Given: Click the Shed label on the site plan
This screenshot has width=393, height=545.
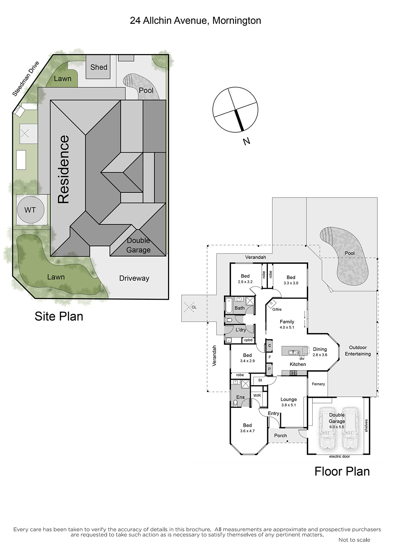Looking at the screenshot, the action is click(99, 67).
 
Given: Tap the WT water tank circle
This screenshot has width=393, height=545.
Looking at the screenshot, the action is click(31, 209).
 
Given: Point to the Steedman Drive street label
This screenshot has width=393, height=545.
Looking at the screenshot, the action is click(26, 79).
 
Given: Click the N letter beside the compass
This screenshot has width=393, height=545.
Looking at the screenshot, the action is click(247, 141).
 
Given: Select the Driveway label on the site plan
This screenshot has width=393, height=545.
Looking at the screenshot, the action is click(134, 278).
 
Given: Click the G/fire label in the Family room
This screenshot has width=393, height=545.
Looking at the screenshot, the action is click(277, 310).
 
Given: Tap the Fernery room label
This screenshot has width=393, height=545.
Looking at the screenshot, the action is click(318, 384).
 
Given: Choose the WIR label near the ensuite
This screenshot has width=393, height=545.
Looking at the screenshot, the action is click(257, 395).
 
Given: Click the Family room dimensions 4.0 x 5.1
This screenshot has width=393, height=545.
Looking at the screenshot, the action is click(287, 327).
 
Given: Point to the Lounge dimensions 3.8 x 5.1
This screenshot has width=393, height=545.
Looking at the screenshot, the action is click(289, 405).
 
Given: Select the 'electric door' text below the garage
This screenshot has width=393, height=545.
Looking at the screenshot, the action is click(339, 456).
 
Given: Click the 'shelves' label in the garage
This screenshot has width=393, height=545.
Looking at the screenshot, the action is click(366, 425).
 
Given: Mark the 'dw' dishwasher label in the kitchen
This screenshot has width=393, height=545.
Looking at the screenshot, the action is click(302, 358).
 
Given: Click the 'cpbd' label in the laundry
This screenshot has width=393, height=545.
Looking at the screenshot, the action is click(248, 340).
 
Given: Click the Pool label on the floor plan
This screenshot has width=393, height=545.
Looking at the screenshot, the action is click(350, 253).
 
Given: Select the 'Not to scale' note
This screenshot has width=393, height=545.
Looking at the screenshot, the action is click(354, 540).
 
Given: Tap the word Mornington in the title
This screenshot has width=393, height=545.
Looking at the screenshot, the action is click(237, 21).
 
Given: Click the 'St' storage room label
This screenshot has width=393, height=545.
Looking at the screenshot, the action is click(260, 380).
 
